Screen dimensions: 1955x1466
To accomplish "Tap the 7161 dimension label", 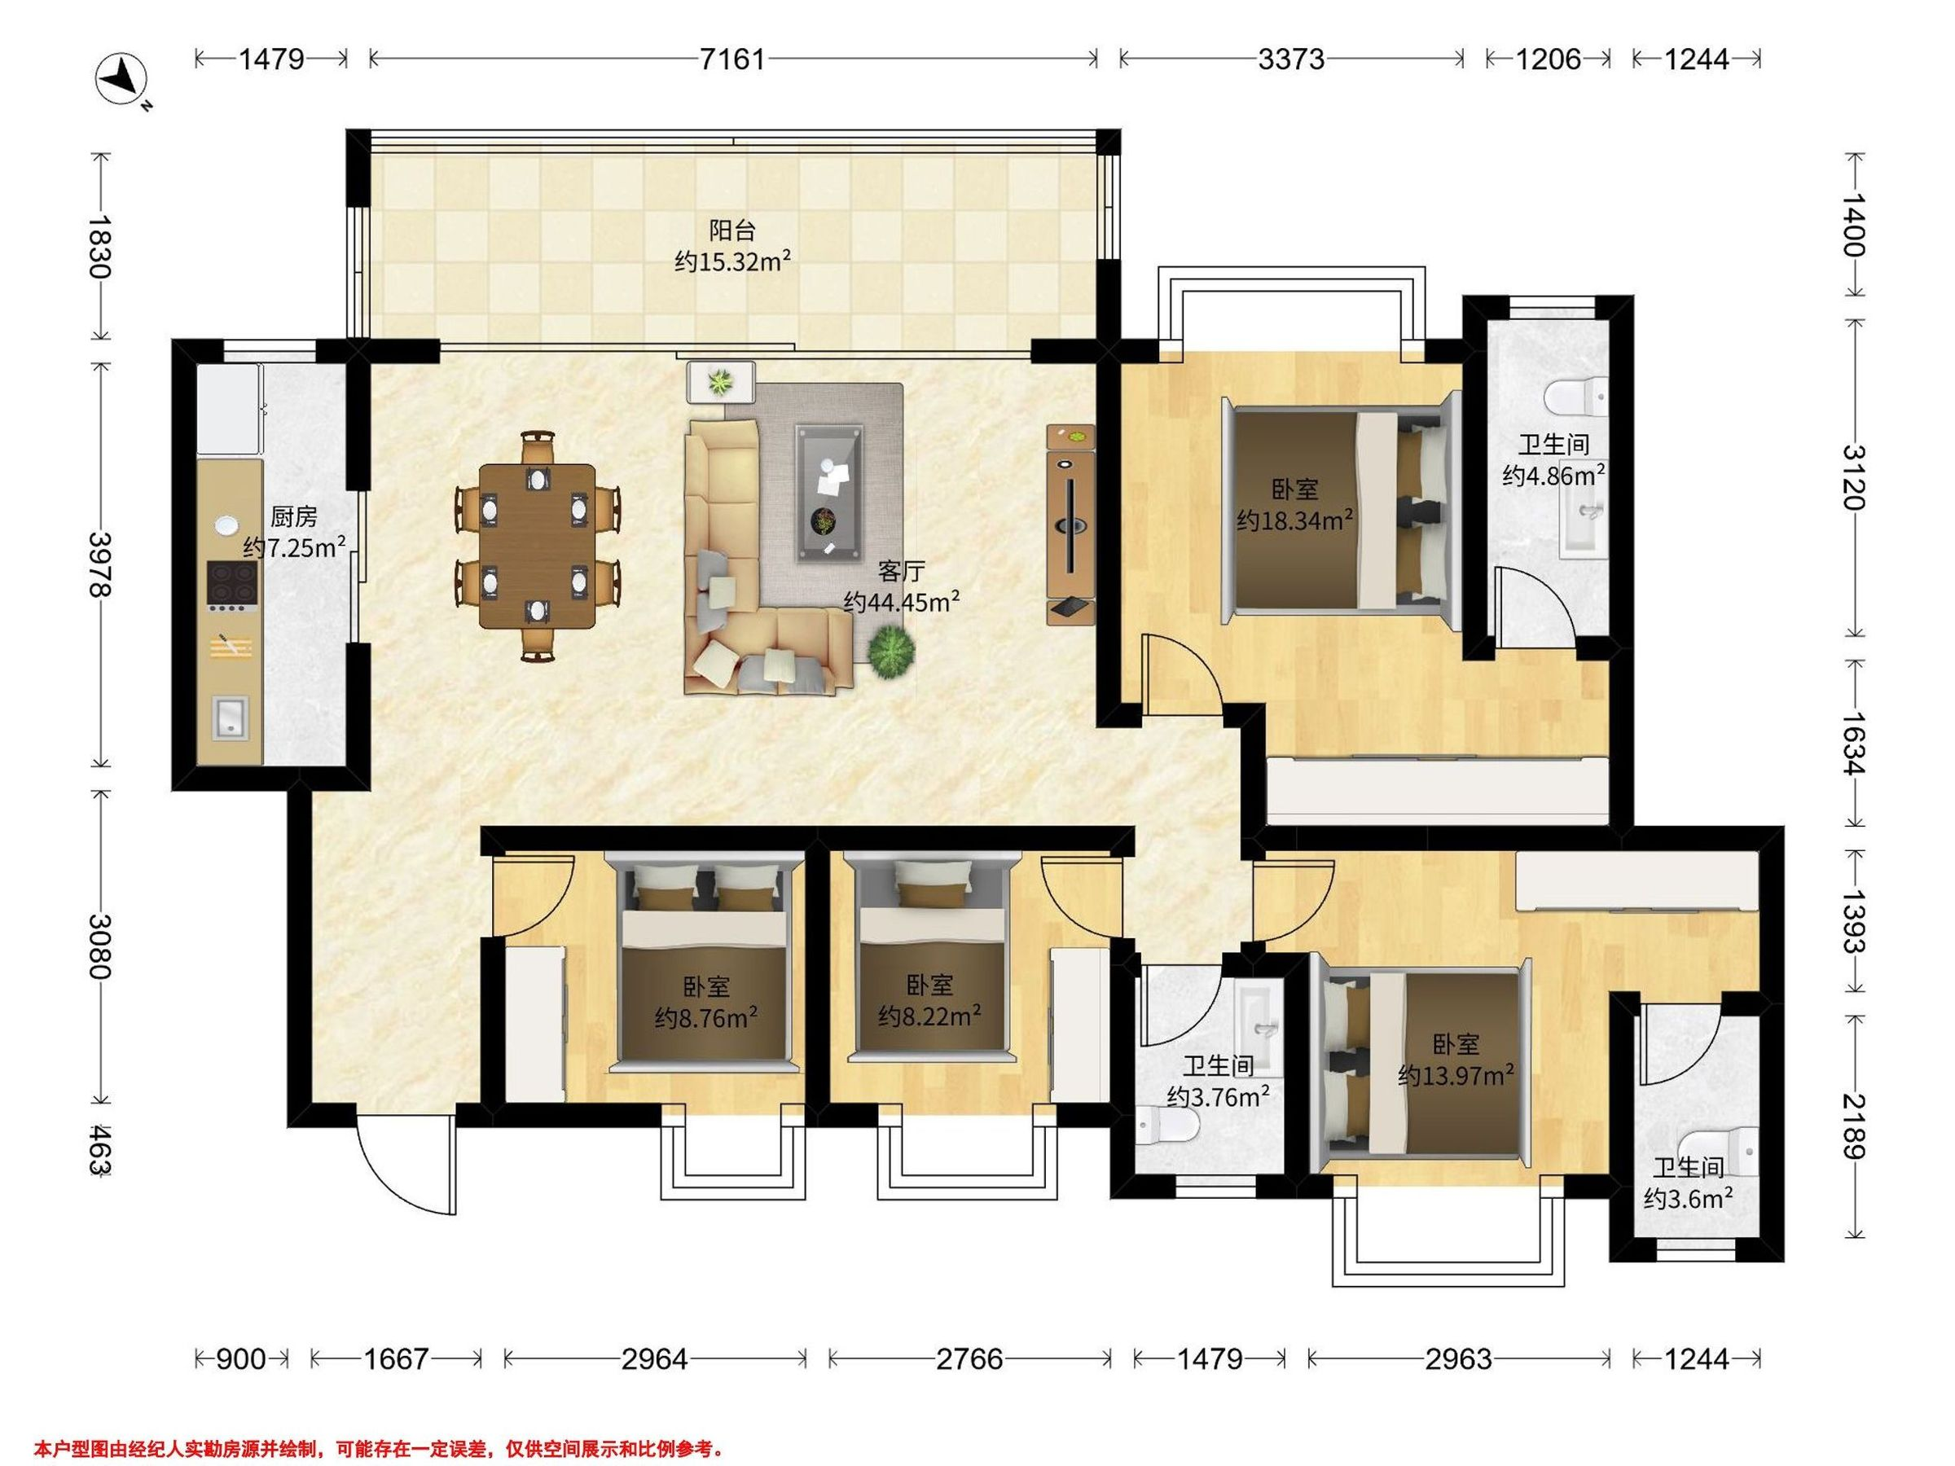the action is click(731, 59).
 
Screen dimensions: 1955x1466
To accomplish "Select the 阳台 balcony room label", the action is click(732, 230).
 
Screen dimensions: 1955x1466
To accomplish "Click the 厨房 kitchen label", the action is click(293, 516).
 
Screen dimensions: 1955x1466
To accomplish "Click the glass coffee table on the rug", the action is click(828, 493).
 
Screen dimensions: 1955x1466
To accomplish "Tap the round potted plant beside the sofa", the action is click(891, 652).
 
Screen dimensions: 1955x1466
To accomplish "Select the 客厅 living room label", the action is click(902, 572).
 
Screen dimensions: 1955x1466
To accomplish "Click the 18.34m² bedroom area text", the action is click(1295, 520).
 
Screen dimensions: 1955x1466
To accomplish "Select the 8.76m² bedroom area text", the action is click(705, 1018).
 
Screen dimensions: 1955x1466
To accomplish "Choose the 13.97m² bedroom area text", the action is click(1456, 1075).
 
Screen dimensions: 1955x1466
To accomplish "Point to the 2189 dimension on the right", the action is click(1853, 1126).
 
